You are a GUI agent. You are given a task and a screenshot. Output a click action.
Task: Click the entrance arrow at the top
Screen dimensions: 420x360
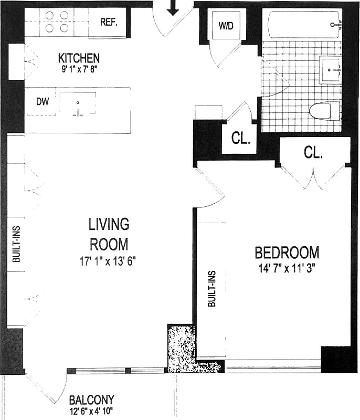point(173,7)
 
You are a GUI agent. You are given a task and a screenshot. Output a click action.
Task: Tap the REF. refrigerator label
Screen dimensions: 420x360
point(110,23)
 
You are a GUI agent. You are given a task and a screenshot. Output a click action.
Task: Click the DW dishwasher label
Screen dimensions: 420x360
point(43,102)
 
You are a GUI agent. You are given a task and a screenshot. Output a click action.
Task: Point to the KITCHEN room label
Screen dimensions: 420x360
point(79,58)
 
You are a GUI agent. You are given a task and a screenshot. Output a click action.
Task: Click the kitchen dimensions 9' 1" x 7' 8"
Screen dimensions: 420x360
point(79,68)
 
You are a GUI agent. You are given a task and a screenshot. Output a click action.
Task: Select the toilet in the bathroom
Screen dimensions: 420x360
point(323,111)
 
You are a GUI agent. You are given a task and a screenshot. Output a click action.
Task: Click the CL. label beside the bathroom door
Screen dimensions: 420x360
point(240,140)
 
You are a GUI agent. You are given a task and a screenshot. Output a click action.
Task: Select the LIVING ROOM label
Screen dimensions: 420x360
point(109,234)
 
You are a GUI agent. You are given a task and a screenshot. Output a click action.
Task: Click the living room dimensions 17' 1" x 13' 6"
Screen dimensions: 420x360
point(109,261)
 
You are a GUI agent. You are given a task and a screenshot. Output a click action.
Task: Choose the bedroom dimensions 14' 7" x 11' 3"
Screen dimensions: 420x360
point(287,268)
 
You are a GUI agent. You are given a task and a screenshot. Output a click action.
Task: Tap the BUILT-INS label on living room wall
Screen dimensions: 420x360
point(16,244)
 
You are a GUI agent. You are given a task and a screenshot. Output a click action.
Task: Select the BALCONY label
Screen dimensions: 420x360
point(92,400)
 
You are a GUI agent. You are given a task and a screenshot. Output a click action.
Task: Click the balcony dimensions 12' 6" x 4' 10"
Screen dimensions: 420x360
point(92,411)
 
